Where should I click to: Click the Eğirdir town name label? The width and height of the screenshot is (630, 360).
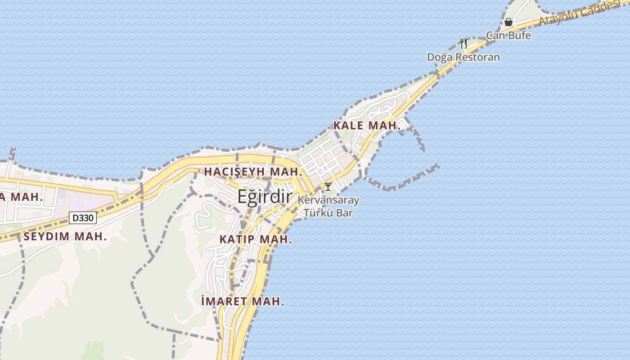tap(265, 197)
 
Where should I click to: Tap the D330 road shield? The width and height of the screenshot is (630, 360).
tap(83, 218)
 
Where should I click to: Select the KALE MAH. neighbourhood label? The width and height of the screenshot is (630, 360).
tap(367, 126)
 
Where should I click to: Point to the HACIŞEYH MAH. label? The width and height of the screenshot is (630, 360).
tap(252, 172)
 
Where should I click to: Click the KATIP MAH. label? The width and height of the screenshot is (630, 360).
tap(256, 239)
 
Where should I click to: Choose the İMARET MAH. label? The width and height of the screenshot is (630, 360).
tap(243, 301)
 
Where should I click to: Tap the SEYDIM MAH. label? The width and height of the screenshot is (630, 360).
tap(65, 237)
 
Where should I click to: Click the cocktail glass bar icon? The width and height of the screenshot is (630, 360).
tap(328, 186)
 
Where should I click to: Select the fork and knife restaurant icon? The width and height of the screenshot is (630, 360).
tap(463, 44)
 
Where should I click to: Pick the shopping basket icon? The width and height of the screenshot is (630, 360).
tap(508, 22)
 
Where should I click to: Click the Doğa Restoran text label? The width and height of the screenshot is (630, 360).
tap(463, 57)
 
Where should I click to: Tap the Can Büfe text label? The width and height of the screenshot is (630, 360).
tap(508, 35)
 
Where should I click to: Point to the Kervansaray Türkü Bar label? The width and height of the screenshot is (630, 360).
tap(328, 206)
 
